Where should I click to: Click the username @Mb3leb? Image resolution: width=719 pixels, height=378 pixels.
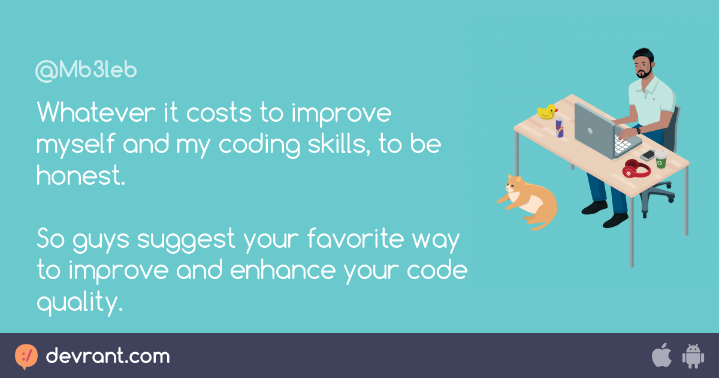pos(86,70)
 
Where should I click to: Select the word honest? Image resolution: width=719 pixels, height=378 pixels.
pos(80,175)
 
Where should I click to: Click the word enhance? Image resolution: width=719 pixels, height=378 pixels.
pos(283,269)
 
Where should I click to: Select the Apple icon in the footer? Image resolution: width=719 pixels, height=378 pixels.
pos(661,355)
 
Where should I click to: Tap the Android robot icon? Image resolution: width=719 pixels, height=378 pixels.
pos(693,356)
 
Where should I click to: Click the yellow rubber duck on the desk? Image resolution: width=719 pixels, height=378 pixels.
pos(547,112)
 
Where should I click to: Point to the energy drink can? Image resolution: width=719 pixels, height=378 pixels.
pos(560,128)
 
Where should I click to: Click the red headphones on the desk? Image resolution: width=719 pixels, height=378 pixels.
pos(636,169)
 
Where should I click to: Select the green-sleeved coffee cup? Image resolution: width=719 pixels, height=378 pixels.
pos(661,158)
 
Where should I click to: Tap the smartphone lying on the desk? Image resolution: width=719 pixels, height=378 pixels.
pos(648,155)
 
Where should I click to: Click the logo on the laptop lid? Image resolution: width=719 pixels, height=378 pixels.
pos(590,131)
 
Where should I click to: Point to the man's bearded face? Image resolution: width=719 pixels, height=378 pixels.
pos(644,68)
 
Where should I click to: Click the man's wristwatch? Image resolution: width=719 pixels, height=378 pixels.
pos(639,131)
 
